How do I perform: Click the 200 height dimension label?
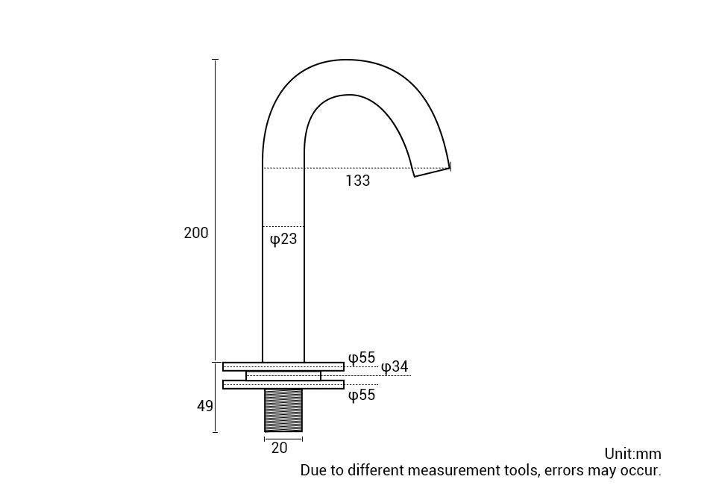[196, 233]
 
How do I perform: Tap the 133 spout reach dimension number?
[357, 181]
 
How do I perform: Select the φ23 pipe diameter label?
[283, 240]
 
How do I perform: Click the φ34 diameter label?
[395, 367]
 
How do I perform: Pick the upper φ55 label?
[362, 358]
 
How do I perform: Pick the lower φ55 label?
[362, 396]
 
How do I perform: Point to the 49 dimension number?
[205, 407]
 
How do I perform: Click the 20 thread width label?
[279, 449]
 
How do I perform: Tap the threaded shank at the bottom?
[283, 410]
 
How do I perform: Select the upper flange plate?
[283, 366]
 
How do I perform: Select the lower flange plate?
[283, 384]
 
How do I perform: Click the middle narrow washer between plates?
[283, 375]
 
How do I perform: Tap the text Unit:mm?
[632, 454]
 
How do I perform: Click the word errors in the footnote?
[565, 471]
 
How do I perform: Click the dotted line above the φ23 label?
[283, 226]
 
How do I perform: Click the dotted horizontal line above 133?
[358, 168]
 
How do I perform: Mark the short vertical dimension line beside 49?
[216, 396]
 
